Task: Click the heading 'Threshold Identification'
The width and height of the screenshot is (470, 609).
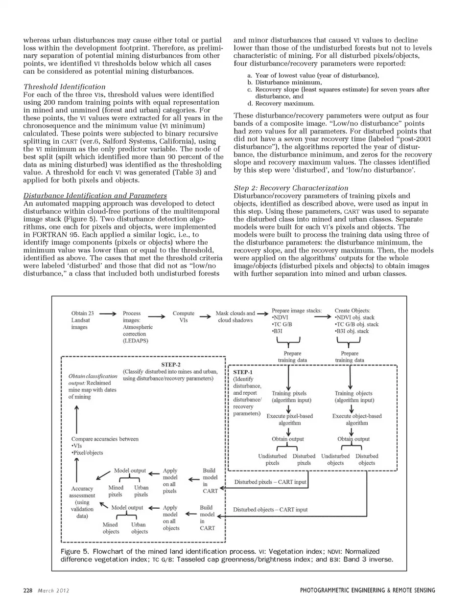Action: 65,87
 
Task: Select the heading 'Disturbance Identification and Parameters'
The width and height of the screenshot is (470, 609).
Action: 95,196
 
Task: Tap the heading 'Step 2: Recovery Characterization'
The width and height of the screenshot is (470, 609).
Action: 291,188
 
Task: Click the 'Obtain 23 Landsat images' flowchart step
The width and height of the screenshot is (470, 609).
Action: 83,320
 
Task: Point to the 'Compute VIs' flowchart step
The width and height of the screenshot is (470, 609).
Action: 183,316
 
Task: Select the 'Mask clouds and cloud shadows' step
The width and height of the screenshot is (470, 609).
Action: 235,316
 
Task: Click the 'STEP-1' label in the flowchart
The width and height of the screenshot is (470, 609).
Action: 243,372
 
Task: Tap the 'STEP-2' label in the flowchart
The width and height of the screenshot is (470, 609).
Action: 170,364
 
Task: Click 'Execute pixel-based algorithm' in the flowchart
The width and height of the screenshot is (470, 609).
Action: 289,419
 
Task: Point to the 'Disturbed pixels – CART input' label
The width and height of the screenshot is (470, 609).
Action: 270,482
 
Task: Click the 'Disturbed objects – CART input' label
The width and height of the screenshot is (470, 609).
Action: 270,509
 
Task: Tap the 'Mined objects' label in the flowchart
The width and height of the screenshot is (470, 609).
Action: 111,528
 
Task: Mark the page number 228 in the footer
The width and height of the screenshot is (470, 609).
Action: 27,590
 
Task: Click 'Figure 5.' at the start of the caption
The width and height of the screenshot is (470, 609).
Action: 74,551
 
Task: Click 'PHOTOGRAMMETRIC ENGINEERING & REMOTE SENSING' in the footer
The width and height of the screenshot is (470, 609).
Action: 367,590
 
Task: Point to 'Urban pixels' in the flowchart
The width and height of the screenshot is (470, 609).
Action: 141,491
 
